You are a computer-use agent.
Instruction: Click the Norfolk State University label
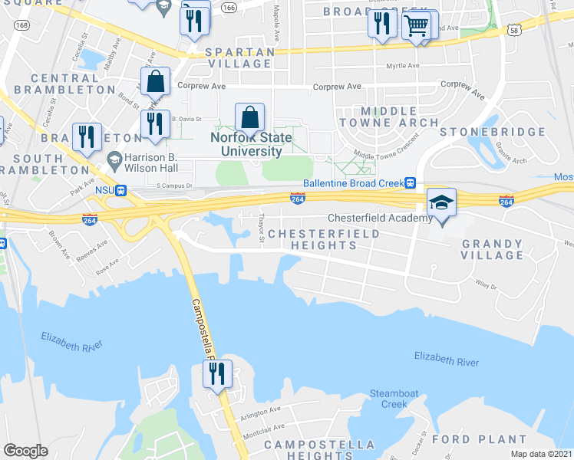click(252, 144)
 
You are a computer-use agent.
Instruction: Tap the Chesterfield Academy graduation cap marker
click(441, 203)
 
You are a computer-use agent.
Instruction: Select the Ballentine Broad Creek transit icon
click(411, 183)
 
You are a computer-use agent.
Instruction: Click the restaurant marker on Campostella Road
click(217, 374)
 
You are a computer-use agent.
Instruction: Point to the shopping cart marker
click(416, 26)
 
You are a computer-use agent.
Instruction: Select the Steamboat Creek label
click(394, 398)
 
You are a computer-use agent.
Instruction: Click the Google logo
click(25, 451)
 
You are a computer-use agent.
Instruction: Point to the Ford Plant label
click(479, 439)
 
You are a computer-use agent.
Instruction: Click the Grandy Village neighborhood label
click(493, 250)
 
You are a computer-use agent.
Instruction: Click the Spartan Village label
click(240, 58)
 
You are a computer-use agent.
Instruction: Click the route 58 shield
click(513, 30)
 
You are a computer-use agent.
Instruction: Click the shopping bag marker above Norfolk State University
click(250, 118)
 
